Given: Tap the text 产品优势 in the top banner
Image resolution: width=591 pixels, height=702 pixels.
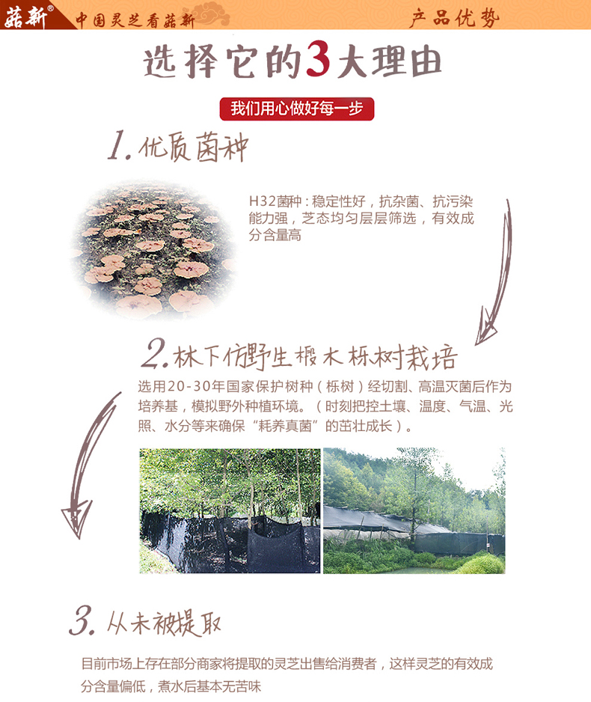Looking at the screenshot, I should pyautogui.click(x=454, y=17).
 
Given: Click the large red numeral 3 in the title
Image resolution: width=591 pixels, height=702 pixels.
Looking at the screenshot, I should pyautogui.click(x=317, y=64).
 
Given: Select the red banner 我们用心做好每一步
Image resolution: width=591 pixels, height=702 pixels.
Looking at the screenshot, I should pyautogui.click(x=296, y=109).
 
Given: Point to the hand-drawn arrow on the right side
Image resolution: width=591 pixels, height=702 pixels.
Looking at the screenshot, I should pyautogui.click(x=495, y=273).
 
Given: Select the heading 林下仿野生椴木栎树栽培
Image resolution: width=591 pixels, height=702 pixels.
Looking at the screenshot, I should pyautogui.click(x=314, y=357).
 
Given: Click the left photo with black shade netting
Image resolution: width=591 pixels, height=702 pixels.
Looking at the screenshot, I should pyautogui.click(x=230, y=511).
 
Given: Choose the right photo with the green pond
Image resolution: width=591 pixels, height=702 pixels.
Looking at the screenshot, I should pyautogui.click(x=414, y=511).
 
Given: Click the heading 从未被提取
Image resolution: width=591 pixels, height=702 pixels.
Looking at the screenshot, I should pyautogui.click(x=164, y=623).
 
